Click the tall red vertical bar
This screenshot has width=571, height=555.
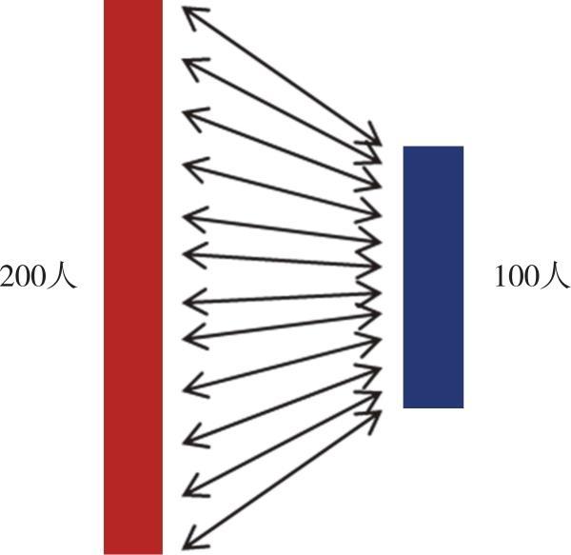(x=133, y=277)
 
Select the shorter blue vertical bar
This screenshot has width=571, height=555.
(x=433, y=277)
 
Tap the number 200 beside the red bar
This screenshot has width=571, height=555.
(x=23, y=277)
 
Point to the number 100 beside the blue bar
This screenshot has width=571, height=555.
(x=516, y=277)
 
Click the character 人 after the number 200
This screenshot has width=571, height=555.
(x=62, y=277)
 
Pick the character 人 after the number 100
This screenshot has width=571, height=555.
(x=554, y=277)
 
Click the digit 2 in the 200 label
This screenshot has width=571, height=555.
(x=7, y=277)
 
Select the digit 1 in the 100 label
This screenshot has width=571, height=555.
(x=501, y=277)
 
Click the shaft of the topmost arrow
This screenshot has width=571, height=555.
(x=282, y=76)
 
